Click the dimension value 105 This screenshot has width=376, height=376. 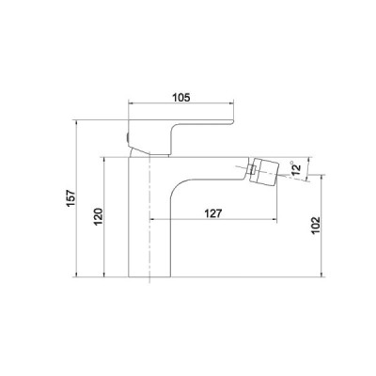click(181, 98)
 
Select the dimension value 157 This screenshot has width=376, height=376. click(71, 197)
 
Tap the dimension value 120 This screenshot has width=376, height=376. click(99, 216)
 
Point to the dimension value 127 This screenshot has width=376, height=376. click(213, 213)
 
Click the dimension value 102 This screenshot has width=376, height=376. click(316, 226)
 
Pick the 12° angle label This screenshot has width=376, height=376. click(295, 168)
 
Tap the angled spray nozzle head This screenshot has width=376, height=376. click(266, 172)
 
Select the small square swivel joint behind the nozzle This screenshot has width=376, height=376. click(253, 171)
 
